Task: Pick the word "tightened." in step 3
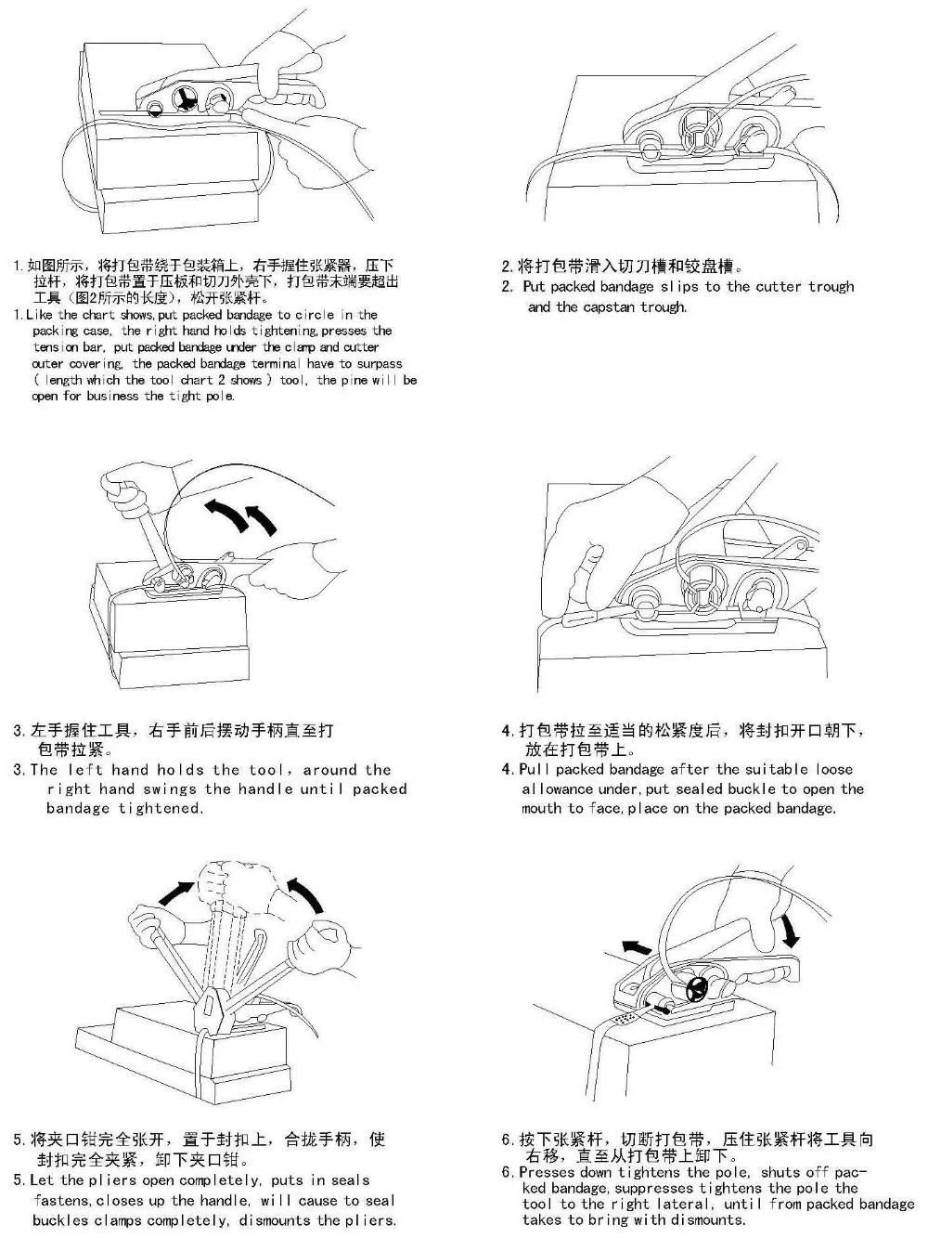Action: click(x=161, y=808)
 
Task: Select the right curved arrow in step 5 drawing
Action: click(x=309, y=892)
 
